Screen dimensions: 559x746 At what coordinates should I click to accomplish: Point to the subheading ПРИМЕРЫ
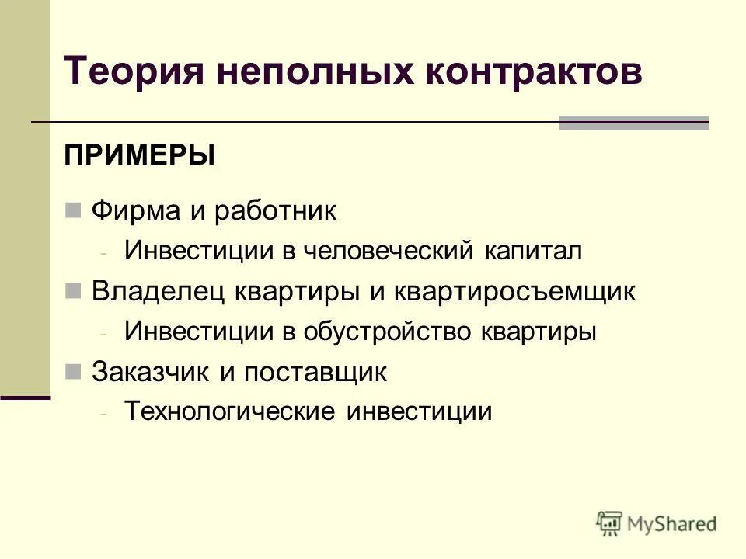pyautogui.click(x=140, y=155)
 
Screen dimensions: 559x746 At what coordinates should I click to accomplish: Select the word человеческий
pyautogui.click(x=389, y=251)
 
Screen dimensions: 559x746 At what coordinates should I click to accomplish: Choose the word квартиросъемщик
pyautogui.click(x=514, y=292)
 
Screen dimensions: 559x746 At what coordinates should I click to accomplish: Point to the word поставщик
pyautogui.click(x=315, y=373)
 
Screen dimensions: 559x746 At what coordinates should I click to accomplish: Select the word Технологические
pyautogui.click(x=230, y=411)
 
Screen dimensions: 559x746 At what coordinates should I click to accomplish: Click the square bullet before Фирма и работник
pyautogui.click(x=74, y=210)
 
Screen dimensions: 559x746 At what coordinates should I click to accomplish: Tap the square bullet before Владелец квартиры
pyautogui.click(x=74, y=291)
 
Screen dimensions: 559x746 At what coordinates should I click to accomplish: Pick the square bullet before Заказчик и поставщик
pyautogui.click(x=74, y=372)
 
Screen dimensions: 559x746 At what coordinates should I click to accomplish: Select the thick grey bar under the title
pyautogui.click(x=633, y=123)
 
